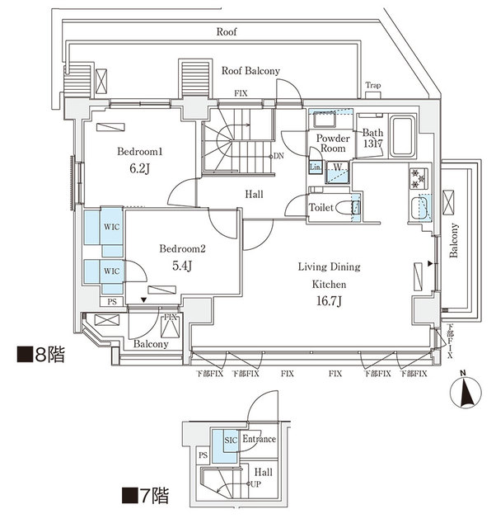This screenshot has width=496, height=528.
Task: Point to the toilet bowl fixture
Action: tap(355, 208)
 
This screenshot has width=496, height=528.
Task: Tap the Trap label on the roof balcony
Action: tap(374, 85)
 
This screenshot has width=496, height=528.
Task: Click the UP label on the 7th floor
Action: tap(255, 484)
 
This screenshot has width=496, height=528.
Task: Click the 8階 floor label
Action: tap(40, 357)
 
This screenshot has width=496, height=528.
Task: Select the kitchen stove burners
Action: tap(417, 177)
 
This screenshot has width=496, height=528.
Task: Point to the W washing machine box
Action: tap(338, 167)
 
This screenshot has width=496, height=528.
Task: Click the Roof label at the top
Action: tap(227, 31)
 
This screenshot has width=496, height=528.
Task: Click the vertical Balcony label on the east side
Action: tap(454, 241)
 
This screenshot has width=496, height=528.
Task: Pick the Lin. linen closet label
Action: tap(315, 167)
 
